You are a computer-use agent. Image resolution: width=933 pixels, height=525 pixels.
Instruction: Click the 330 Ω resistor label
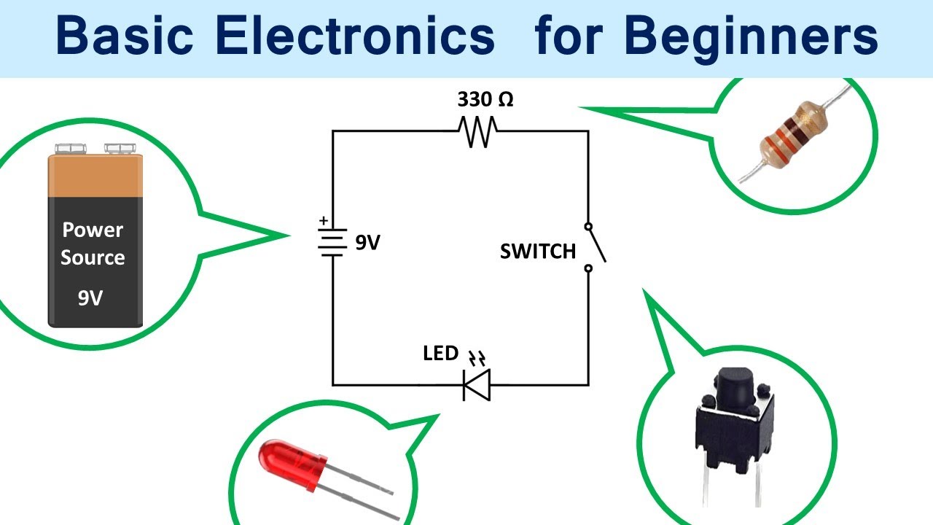click(485, 99)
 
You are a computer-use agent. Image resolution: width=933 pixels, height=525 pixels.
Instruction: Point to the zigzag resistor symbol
click(478, 131)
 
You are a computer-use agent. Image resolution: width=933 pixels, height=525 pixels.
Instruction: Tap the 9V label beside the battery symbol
click(368, 243)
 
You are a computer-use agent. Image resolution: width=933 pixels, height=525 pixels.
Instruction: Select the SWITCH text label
click(537, 252)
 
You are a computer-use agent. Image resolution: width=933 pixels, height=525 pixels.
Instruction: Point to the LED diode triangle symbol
click(477, 384)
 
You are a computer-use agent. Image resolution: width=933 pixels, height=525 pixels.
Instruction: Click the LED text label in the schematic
click(440, 354)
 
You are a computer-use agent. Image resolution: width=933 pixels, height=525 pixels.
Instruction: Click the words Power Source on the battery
click(93, 244)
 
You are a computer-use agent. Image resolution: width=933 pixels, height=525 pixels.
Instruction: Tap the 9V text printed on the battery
click(90, 298)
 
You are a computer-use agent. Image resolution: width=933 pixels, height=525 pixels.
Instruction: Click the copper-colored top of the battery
click(95, 176)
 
